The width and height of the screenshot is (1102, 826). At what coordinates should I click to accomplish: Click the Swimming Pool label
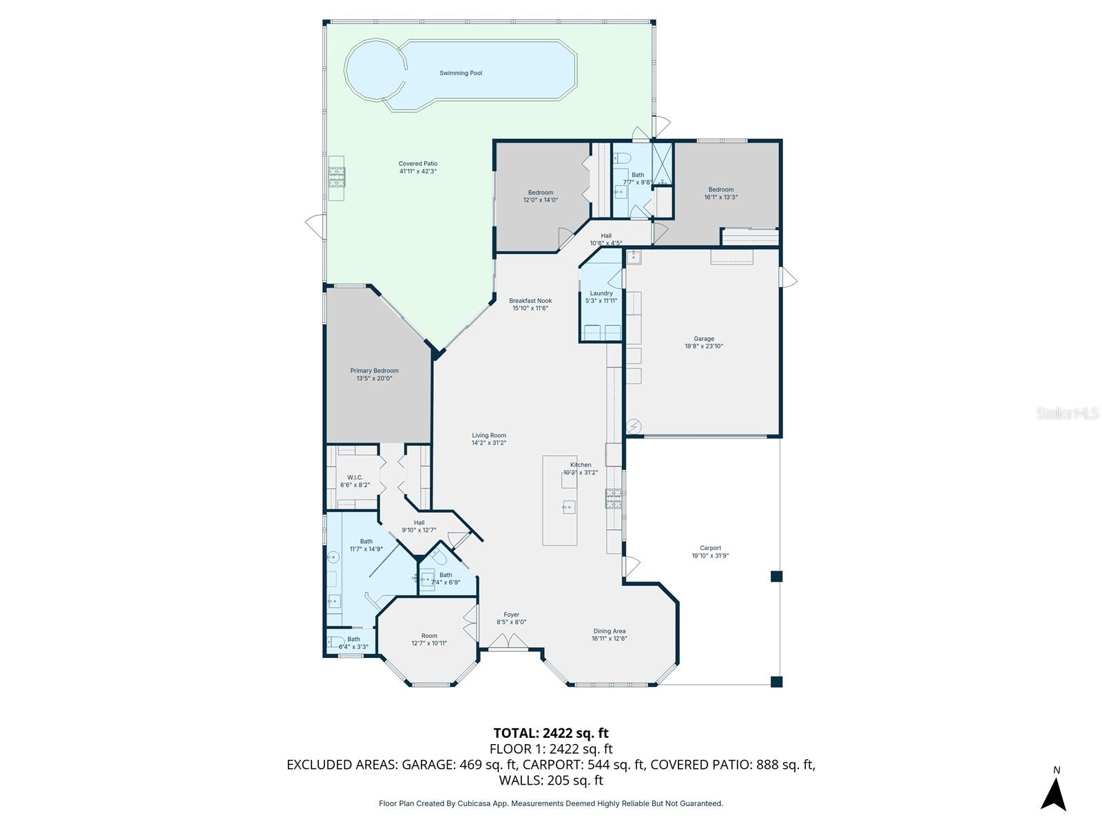tap(461, 73)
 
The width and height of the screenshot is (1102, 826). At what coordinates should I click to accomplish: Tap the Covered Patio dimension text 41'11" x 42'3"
tap(417, 171)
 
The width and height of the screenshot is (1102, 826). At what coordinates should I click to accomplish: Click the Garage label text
tap(703, 339)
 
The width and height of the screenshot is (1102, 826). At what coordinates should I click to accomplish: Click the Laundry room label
tap(601, 293)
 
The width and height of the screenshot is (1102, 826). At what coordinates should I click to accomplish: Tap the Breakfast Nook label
tap(530, 301)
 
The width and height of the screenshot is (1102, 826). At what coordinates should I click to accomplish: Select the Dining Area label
tap(609, 631)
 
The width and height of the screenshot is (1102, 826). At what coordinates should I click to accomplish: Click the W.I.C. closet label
tap(355, 477)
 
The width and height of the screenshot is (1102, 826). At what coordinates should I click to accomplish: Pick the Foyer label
tap(511, 615)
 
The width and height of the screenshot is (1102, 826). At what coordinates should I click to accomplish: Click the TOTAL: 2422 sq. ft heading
tap(550, 733)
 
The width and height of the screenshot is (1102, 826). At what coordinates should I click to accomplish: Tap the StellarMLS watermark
tap(1068, 413)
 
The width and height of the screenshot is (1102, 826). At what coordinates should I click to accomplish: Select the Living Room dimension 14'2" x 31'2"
tap(488, 443)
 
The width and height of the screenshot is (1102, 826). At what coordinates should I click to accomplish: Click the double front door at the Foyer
tap(508, 642)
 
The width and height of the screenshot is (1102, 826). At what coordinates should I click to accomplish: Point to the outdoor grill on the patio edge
tap(336, 178)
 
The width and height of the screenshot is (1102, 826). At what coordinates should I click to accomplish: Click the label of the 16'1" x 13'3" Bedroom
tap(720, 189)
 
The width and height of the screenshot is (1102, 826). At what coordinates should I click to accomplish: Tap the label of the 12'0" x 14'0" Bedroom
tap(540, 193)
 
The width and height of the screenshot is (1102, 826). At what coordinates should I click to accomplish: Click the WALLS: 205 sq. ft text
tap(550, 781)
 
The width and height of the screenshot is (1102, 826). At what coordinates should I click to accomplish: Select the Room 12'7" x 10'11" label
tap(429, 636)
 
